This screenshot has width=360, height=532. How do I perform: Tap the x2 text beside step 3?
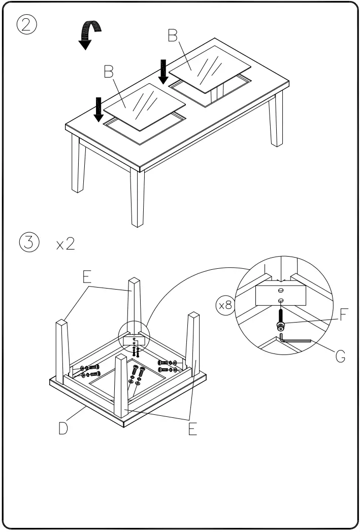(66, 244)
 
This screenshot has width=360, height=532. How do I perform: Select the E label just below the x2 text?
(87, 276)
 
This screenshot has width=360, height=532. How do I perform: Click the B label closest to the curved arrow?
(108, 72)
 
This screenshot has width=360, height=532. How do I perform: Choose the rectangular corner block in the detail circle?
(280, 294)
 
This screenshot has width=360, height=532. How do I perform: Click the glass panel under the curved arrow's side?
(143, 104)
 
